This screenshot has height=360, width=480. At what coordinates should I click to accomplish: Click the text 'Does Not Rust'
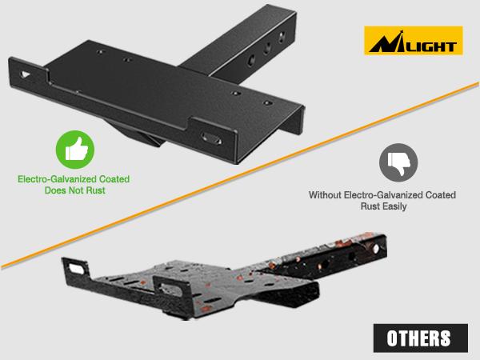(x=75, y=193)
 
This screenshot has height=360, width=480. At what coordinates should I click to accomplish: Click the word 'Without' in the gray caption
(x=327, y=194)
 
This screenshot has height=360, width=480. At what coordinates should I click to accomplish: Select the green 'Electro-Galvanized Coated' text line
(x=75, y=181)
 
